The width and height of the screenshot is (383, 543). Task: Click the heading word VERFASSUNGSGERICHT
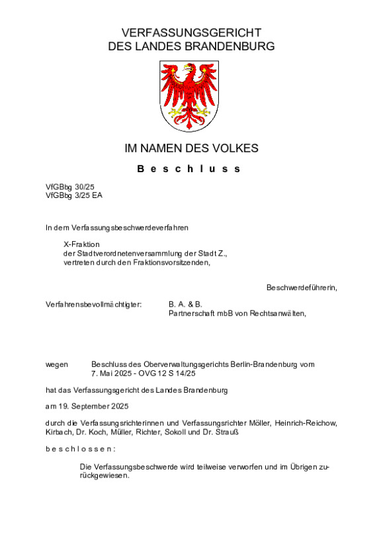tap(191, 32)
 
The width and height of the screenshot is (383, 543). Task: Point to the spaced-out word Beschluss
tap(189, 169)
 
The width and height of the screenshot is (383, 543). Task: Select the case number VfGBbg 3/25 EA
tap(74, 195)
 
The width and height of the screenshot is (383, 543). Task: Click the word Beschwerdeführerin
tap(302, 287)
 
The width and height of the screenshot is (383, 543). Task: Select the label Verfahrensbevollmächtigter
tap(94, 305)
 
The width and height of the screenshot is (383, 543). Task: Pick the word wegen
tap(57, 364)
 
